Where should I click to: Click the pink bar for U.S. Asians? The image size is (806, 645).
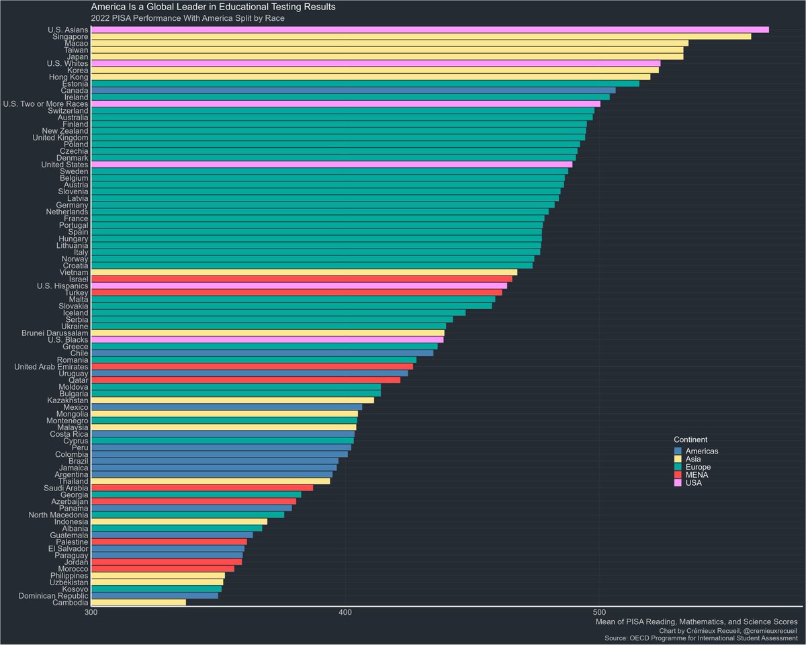[x=430, y=30]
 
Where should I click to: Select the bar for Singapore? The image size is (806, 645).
[x=420, y=36]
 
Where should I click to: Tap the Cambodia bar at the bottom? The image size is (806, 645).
[x=138, y=602]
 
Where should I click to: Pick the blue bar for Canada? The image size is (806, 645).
[x=353, y=90]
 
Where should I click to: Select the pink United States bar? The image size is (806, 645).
[x=331, y=164]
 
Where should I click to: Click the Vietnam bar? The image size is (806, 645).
[x=304, y=272]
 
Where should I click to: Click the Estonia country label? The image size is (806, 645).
[x=70, y=84]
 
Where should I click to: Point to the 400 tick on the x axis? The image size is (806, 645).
[x=345, y=613]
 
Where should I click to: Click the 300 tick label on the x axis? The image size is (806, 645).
[x=91, y=613]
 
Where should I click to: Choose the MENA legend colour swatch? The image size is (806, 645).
[x=678, y=475]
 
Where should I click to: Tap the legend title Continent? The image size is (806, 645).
[x=690, y=439]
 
